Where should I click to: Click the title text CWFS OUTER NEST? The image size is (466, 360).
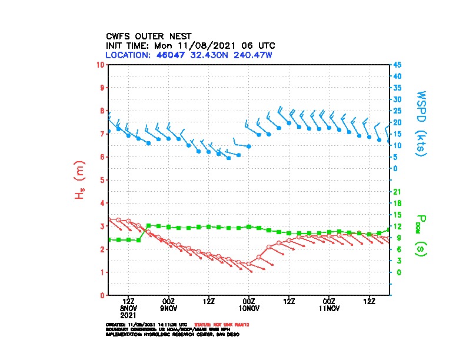tap(148, 35)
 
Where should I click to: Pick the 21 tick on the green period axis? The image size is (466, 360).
tap(397, 191)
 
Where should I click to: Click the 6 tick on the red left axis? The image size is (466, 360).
tap(102, 156)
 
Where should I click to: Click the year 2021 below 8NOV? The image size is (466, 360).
tap(128, 315)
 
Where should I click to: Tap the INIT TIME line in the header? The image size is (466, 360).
tap(190, 45)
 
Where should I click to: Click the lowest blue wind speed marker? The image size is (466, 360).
tap(229, 158)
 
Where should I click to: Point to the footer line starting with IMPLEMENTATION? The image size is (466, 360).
tap(172, 334)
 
